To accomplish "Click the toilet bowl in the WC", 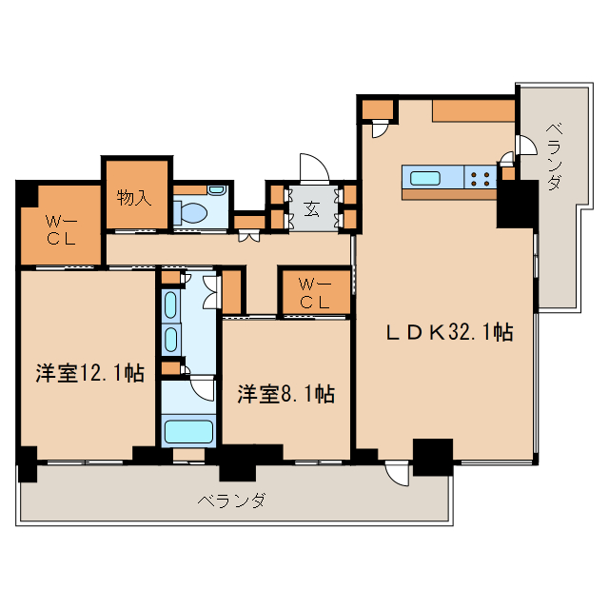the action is pos(190,212).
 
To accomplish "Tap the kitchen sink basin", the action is pos(425,178).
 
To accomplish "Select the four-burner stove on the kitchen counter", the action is pos(480,178).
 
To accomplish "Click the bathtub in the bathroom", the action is pos(188,431).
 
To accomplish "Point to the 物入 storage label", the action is pos(133,198).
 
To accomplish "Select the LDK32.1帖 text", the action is pos(450,332).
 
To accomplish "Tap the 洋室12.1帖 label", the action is pos(90,373).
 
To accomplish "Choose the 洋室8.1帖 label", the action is pos(286,394).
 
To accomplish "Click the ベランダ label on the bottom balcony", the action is pos(232,501).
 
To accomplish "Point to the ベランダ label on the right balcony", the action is pos(555,156).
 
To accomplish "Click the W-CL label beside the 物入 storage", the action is pos(61,230).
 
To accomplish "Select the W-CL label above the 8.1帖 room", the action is pos(315,294).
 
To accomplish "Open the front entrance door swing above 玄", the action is pos(315,168).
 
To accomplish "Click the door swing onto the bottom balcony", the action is pos(397,474).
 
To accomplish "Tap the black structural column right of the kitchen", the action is pos(518,204).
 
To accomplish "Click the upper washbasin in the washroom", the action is pos(170,305).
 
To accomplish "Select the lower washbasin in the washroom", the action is pos(170,339).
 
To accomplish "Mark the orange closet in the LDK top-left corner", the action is pos(378,110).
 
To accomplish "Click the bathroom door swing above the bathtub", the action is pos(202,388).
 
